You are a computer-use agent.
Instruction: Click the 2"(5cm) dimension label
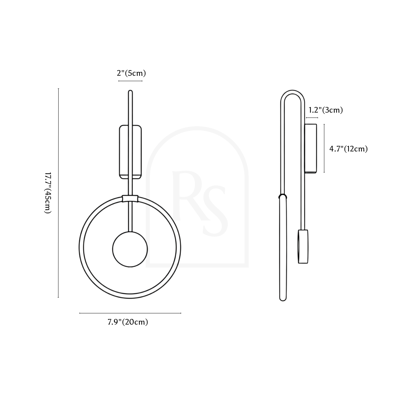click(x=131, y=73)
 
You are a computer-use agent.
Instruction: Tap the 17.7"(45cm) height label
click(x=48, y=193)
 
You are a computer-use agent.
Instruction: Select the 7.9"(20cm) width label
click(x=128, y=322)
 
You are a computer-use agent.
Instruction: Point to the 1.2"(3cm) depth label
click(x=326, y=110)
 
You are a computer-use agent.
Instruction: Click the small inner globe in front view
click(x=130, y=249)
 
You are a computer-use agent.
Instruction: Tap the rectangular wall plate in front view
click(x=130, y=152)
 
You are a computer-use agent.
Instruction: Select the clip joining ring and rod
click(x=130, y=198)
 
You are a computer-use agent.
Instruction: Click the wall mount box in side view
click(x=310, y=148)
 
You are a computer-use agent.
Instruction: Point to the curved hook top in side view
click(x=292, y=92)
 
